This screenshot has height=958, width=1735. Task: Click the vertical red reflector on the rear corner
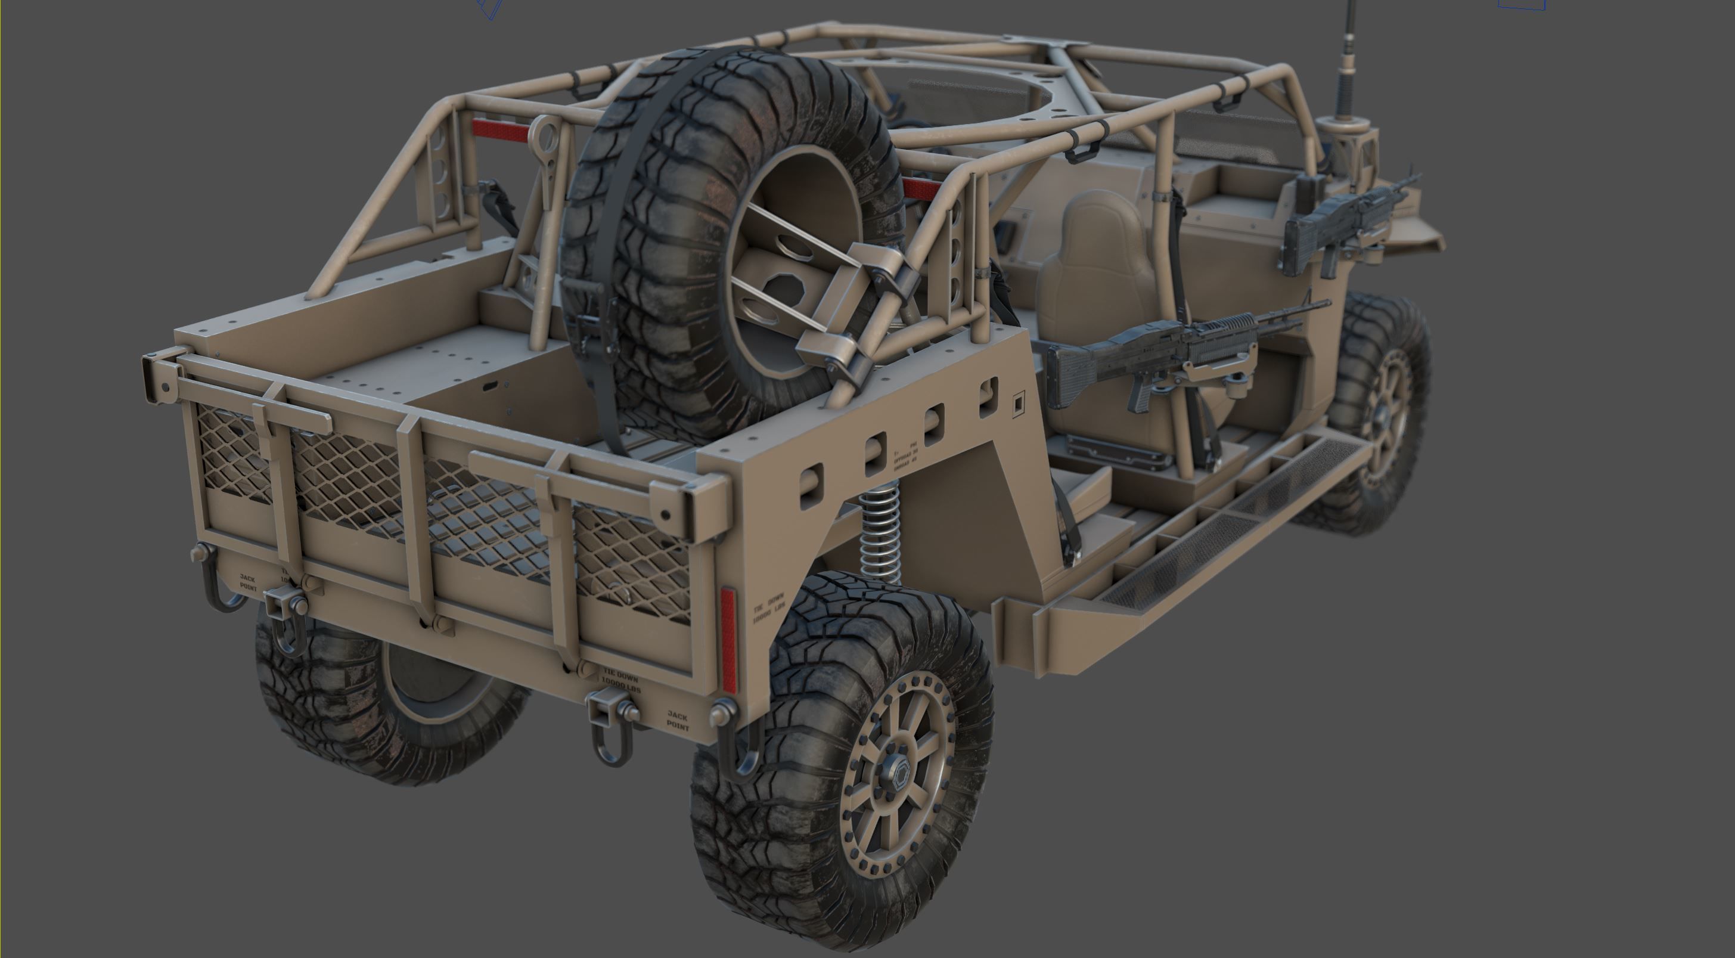[729, 640]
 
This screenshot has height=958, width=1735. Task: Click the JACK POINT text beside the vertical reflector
[677, 719]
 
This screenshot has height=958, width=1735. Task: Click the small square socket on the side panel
[1019, 403]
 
